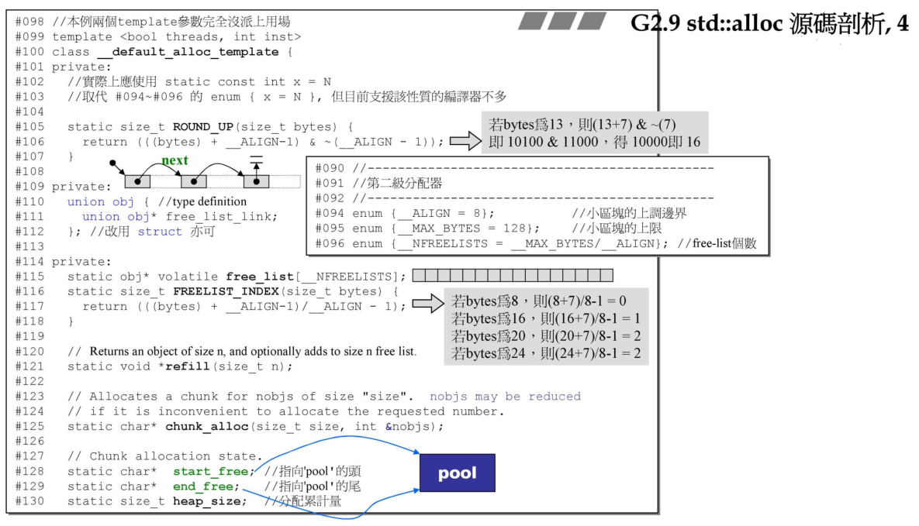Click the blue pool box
click(457, 473)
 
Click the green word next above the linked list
click(174, 160)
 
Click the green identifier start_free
click(209, 471)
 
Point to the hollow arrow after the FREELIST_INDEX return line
click(427, 305)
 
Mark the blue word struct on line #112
click(160, 232)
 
